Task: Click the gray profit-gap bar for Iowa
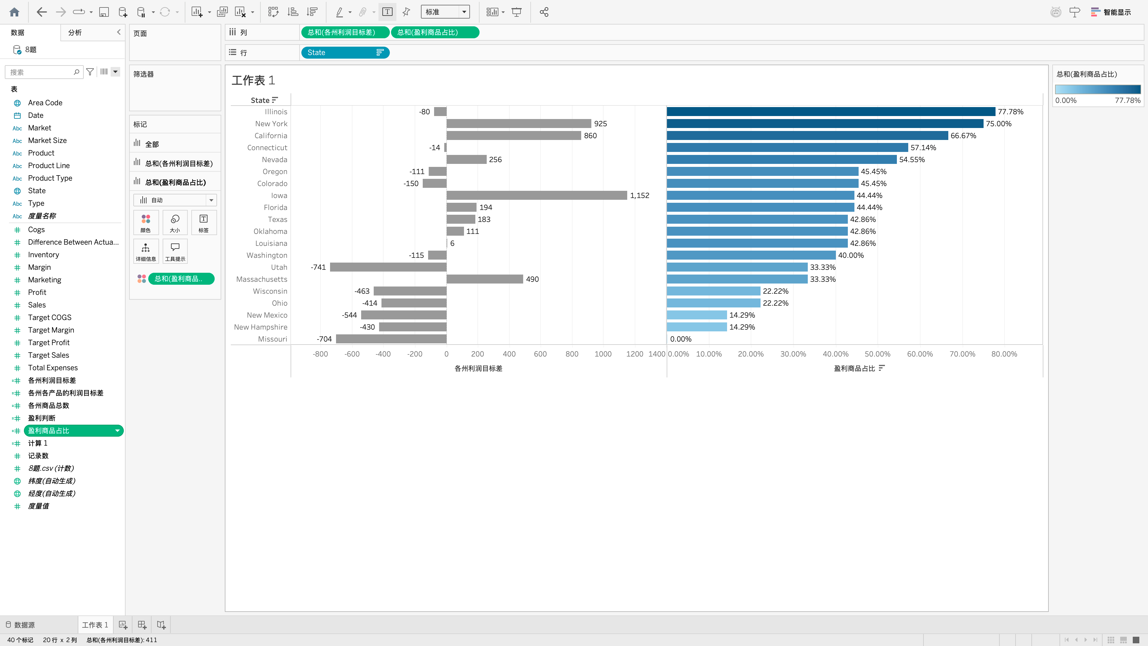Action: (x=537, y=195)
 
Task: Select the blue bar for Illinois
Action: (x=831, y=112)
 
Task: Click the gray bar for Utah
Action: (x=388, y=267)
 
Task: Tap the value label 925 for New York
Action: (x=600, y=124)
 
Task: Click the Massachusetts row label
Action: (x=262, y=279)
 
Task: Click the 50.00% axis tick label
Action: (x=877, y=354)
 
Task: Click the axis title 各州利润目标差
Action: (x=478, y=368)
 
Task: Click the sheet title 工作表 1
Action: (x=253, y=80)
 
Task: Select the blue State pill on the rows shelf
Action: (x=345, y=53)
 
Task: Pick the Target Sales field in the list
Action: (x=48, y=355)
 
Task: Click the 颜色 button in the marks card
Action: (x=146, y=223)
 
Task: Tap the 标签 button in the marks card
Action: (x=204, y=223)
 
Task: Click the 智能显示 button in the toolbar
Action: (x=1111, y=12)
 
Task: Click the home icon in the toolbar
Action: (x=14, y=12)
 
